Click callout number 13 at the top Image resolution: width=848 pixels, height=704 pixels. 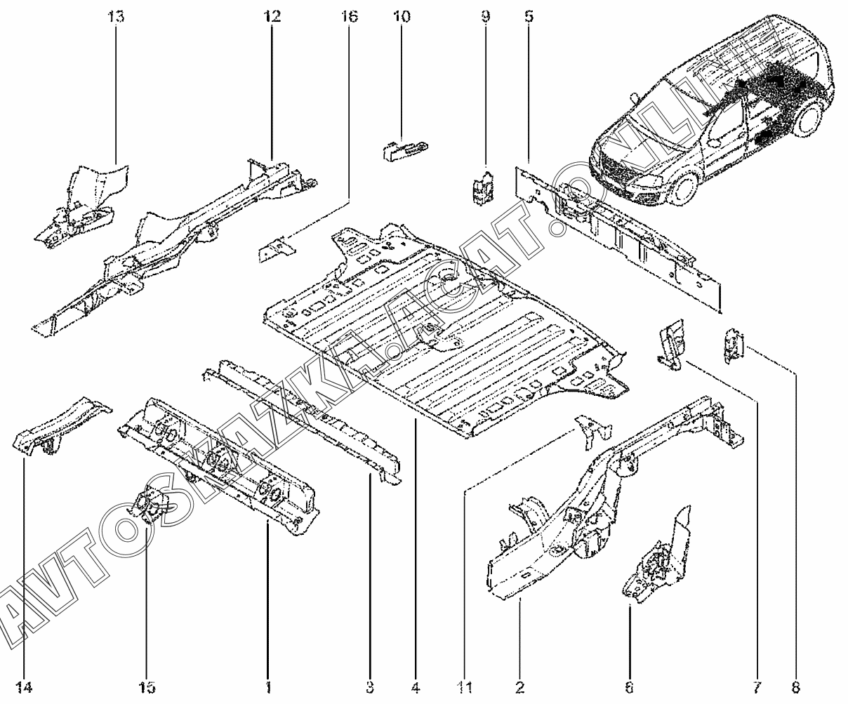click(x=117, y=16)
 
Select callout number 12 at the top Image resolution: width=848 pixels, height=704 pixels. click(x=272, y=16)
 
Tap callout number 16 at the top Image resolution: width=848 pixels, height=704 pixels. click(x=349, y=16)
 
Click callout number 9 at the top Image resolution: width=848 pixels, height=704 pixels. click(x=485, y=16)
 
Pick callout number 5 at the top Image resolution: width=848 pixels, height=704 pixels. click(x=528, y=16)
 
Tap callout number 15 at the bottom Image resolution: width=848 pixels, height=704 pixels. click(x=147, y=686)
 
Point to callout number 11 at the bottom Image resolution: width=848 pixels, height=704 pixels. click(x=467, y=686)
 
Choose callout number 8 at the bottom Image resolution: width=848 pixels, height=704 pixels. click(x=796, y=686)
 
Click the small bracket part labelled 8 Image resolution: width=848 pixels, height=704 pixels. click(x=733, y=344)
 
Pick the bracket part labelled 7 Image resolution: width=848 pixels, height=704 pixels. click(x=671, y=342)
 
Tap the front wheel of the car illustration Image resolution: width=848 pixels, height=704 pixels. click(x=682, y=188)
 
